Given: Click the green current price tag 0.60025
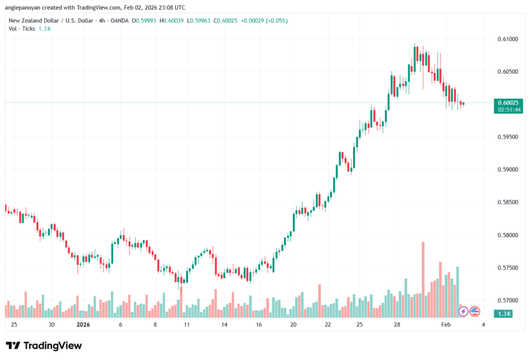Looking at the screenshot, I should click(x=508, y=102).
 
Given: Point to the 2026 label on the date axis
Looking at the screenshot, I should click(x=83, y=325).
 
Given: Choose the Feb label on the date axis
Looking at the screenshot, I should click(x=445, y=325).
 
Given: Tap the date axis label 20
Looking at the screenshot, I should click(x=293, y=325).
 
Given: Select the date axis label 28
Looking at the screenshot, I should click(x=397, y=325).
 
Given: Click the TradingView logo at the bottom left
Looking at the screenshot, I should click(x=44, y=346).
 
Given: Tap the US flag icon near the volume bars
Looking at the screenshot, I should click(x=475, y=312).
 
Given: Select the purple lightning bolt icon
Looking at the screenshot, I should click(x=463, y=312).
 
